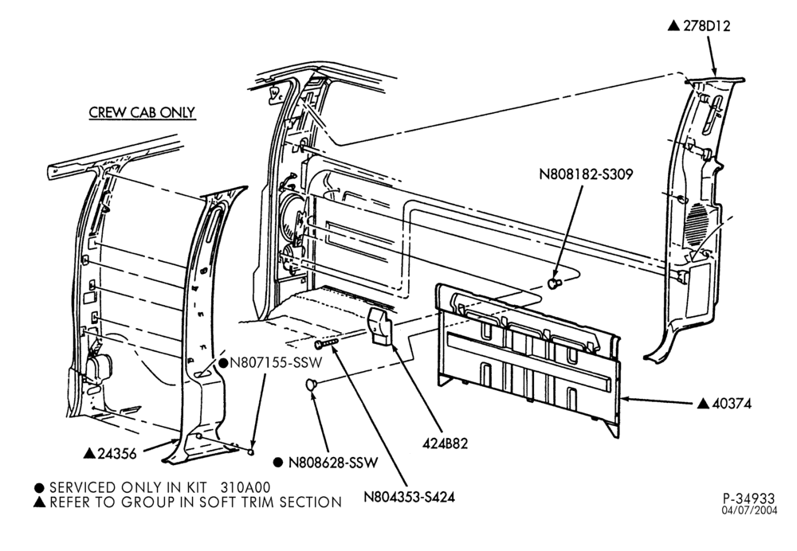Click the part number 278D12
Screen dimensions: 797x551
(x=706, y=26)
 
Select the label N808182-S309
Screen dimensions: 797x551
(x=586, y=174)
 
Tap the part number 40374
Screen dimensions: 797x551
(x=732, y=404)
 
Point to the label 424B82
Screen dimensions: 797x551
(x=445, y=444)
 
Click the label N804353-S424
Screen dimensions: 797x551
(x=409, y=497)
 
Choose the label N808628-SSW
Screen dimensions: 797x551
(x=333, y=463)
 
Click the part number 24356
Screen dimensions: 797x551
(x=117, y=454)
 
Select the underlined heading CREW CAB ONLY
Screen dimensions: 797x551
(x=143, y=112)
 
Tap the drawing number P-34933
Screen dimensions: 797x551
(x=749, y=498)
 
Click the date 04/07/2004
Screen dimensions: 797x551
(x=749, y=510)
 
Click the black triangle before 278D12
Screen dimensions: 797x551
(x=673, y=25)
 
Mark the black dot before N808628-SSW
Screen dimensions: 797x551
(x=278, y=463)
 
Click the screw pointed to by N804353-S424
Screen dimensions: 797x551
(x=326, y=344)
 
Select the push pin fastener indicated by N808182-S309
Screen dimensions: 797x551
(x=554, y=283)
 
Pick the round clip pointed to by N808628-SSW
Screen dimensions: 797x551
(x=312, y=385)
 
